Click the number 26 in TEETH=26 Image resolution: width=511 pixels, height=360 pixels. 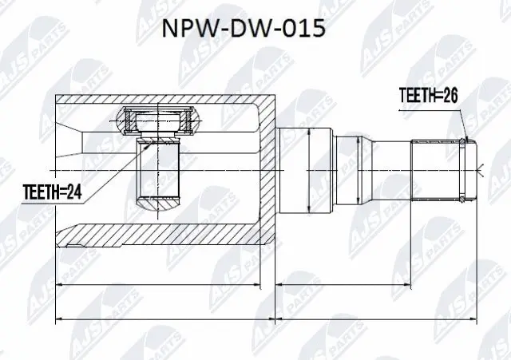450,95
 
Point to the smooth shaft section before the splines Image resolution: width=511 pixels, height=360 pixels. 391,169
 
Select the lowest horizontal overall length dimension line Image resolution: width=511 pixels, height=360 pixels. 263,320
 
